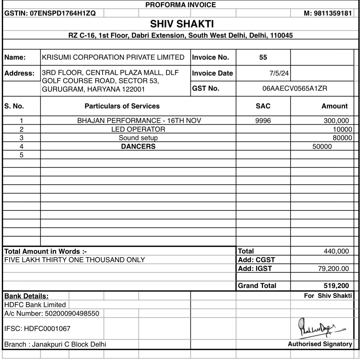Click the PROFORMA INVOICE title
(x=180, y=5)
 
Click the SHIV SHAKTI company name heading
(x=182, y=24)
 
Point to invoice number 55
(x=263, y=58)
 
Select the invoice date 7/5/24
(x=279, y=73)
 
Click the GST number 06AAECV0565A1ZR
(x=295, y=89)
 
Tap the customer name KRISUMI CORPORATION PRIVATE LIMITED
(x=113, y=57)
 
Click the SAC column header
(x=263, y=106)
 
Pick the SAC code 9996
(x=263, y=121)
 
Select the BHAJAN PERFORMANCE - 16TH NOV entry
(x=139, y=121)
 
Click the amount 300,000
(x=336, y=121)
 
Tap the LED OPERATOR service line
(x=138, y=129)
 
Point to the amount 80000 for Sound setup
(x=342, y=138)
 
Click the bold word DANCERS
(x=138, y=147)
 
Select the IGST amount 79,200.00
(x=333, y=269)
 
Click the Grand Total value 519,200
(x=336, y=286)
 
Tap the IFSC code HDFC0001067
(x=47, y=328)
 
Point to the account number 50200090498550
(x=72, y=314)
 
